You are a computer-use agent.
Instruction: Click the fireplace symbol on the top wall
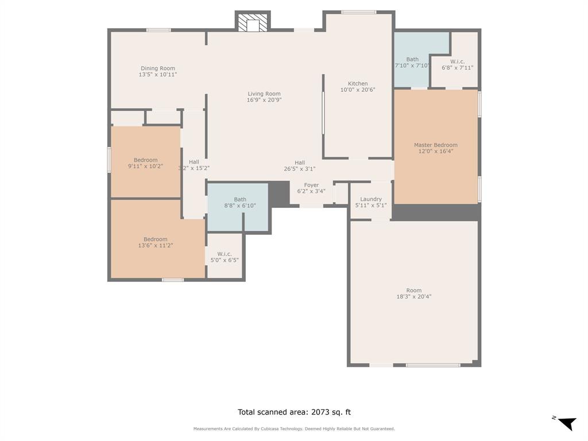click(x=253, y=23)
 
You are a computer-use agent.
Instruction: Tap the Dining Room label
click(x=157, y=68)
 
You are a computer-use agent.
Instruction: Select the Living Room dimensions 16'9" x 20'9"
click(x=264, y=100)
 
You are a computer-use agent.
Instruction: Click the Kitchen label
click(x=358, y=84)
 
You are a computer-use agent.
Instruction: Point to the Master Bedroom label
click(x=436, y=145)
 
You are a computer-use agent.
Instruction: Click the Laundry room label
click(x=371, y=199)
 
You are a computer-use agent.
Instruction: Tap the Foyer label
click(x=311, y=185)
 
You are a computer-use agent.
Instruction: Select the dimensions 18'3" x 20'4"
click(x=413, y=297)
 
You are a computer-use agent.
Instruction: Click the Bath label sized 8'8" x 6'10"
click(x=240, y=199)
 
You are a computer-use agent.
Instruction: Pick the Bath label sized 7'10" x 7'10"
click(x=412, y=59)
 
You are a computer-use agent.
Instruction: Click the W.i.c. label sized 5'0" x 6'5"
click(x=225, y=254)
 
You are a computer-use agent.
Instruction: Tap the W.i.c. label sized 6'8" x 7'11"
click(x=457, y=61)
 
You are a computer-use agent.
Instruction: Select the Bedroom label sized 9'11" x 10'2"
click(x=145, y=160)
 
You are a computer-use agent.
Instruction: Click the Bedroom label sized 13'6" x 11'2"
click(x=156, y=239)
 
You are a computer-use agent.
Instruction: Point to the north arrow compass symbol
click(x=566, y=423)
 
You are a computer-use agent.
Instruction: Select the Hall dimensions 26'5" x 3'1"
click(x=300, y=169)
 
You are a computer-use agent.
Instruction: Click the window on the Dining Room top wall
click(x=158, y=30)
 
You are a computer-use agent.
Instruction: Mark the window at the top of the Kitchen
click(x=359, y=12)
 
